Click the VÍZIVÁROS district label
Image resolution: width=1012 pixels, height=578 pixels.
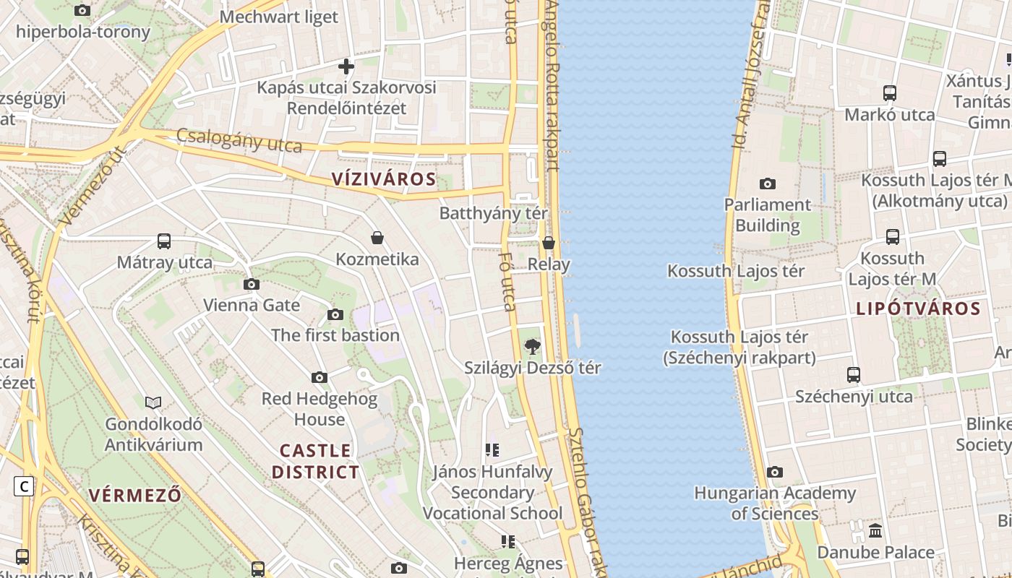[x=384, y=179]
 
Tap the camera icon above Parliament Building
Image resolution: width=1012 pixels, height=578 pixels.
[x=768, y=184]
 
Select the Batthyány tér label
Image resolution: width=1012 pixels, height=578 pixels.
[x=494, y=214]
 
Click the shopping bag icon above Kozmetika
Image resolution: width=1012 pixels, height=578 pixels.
[x=377, y=238]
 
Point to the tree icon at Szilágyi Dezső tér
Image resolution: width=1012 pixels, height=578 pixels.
[x=533, y=346]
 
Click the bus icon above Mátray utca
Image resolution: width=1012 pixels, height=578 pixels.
[x=164, y=241]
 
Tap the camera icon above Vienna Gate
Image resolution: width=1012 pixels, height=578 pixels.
[x=251, y=284]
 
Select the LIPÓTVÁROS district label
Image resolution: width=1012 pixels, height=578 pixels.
[x=918, y=309]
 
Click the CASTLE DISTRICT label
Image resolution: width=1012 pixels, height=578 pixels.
[x=315, y=461]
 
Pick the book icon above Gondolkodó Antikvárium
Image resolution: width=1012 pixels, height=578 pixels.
[x=153, y=402]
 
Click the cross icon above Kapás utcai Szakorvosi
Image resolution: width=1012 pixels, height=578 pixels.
[x=346, y=66]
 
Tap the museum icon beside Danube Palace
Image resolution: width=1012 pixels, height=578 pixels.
[x=875, y=531]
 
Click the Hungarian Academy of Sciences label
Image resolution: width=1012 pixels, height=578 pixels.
[x=775, y=504]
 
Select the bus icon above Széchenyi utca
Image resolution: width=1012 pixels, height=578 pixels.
[x=854, y=375]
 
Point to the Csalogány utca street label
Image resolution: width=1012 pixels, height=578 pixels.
[x=239, y=140]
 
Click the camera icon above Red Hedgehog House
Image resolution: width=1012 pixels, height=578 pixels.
[x=319, y=377]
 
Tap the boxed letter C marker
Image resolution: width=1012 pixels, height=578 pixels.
[x=24, y=486]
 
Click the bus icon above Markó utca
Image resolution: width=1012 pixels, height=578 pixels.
[x=890, y=93]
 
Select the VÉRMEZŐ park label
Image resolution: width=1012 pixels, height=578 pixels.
[x=135, y=495]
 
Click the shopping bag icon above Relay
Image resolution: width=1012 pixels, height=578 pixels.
[x=549, y=243]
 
